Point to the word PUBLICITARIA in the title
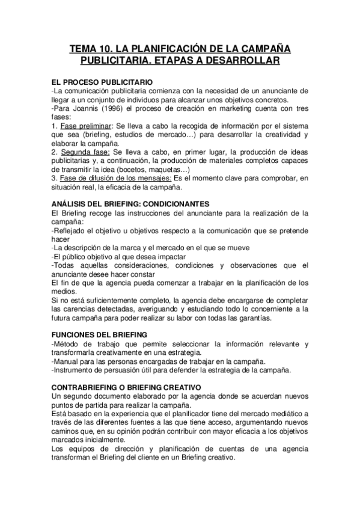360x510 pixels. (x=116, y=61)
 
